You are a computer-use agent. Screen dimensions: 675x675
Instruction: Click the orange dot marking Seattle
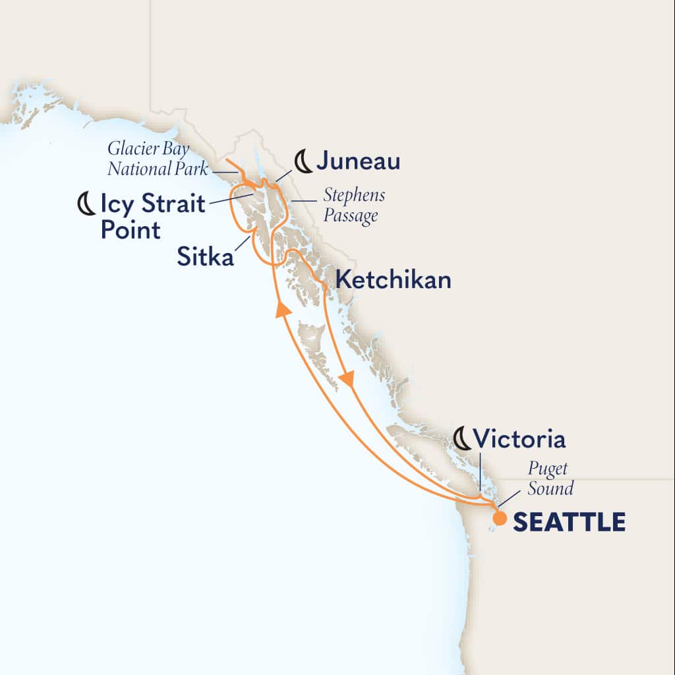tap(500, 518)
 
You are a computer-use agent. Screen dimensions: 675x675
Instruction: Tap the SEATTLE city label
tap(569, 522)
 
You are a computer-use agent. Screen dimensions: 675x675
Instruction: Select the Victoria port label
tap(519, 439)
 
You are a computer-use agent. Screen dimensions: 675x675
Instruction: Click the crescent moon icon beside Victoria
tap(463, 439)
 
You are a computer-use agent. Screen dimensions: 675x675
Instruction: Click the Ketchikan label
tap(394, 280)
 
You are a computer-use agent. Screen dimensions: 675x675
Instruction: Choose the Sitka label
tap(205, 257)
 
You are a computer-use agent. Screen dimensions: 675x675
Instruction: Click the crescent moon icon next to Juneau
tap(303, 161)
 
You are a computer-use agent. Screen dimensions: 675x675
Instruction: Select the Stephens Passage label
tap(353, 206)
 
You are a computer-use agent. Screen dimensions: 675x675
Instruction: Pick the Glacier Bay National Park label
tap(158, 159)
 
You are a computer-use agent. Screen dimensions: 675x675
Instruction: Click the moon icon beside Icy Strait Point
tap(86, 205)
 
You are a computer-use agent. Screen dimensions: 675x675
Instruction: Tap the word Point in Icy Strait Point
tap(130, 230)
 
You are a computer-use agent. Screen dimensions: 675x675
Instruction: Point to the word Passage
tap(351, 216)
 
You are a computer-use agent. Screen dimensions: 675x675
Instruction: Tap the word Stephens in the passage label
tap(354, 196)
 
